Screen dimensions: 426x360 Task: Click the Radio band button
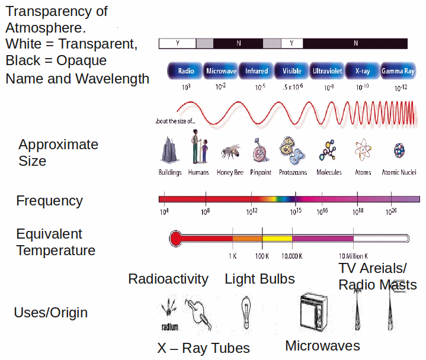click(185, 71)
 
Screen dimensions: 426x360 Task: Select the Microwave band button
click(221, 71)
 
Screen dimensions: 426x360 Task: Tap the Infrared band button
click(256, 71)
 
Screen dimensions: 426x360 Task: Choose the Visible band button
click(292, 71)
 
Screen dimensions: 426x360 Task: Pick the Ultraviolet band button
click(327, 71)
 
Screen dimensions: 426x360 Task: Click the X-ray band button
click(362, 71)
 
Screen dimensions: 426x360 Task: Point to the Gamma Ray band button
click(398, 71)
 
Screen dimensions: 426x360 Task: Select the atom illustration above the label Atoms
click(362, 151)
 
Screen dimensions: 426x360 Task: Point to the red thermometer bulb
click(176, 239)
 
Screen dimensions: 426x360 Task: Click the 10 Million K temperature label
click(353, 256)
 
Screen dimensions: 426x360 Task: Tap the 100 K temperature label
click(262, 256)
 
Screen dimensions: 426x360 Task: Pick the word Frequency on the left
click(49, 201)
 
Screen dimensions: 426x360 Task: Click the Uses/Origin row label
click(50, 313)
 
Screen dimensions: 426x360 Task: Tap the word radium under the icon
click(170, 326)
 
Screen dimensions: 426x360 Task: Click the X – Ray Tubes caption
click(203, 348)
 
